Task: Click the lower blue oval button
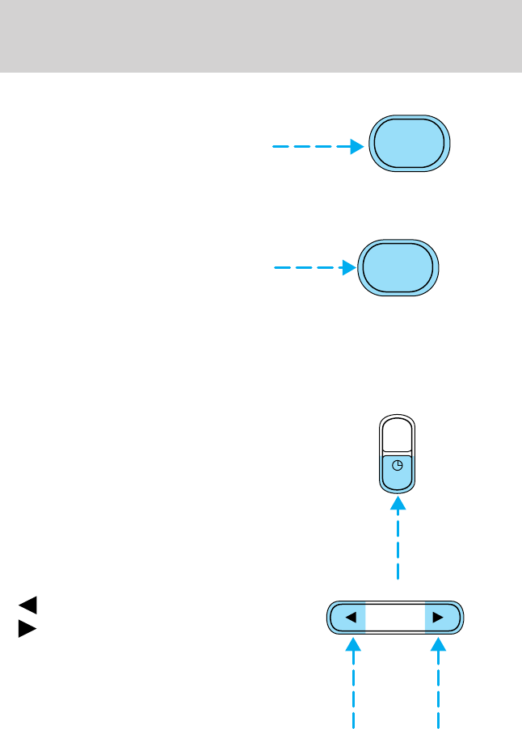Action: pyautogui.click(x=398, y=268)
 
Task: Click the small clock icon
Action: pyautogui.click(x=397, y=465)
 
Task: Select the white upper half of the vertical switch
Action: pyautogui.click(x=397, y=436)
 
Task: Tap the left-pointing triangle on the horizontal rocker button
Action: pyautogui.click(x=351, y=618)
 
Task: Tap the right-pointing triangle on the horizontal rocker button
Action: pyautogui.click(x=438, y=618)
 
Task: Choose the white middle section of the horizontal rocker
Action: pyautogui.click(x=395, y=618)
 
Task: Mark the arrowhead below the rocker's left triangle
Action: pyautogui.click(x=353, y=645)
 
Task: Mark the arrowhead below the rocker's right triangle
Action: pyautogui.click(x=440, y=645)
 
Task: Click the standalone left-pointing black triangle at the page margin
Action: pyautogui.click(x=27, y=603)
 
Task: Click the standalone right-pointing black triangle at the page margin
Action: pyautogui.click(x=27, y=629)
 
